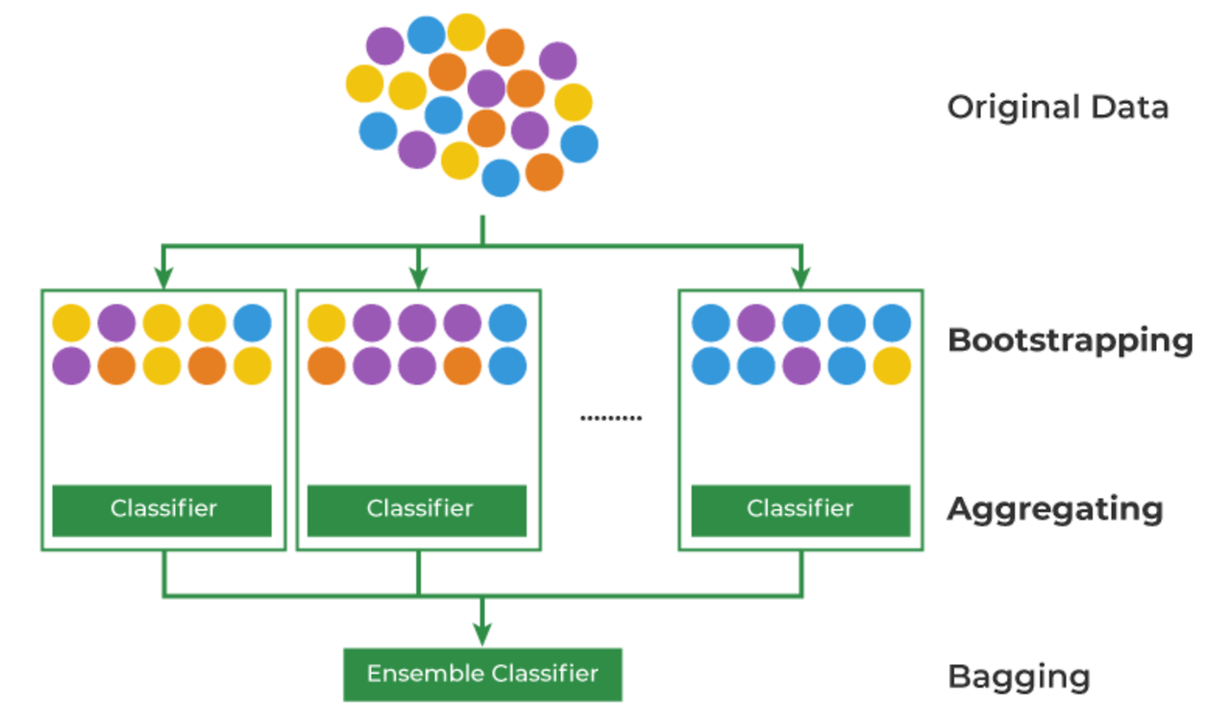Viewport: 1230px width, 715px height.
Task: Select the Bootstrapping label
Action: [1070, 341]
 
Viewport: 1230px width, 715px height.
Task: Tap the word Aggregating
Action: [1055, 509]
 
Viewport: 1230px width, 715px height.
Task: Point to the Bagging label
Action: [1020, 678]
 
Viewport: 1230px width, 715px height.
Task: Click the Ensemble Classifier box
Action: [482, 675]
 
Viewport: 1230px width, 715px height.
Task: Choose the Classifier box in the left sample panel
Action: [162, 510]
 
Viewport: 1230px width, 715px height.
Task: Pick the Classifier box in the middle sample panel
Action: [417, 510]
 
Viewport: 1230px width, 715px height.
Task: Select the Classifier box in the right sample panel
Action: [800, 510]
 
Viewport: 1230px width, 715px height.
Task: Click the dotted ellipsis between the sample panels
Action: [611, 418]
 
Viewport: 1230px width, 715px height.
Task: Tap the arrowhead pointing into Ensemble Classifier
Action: [482, 635]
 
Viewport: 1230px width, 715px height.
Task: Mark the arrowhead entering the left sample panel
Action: [163, 278]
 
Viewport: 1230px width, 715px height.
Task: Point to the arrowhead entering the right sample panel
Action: [801, 278]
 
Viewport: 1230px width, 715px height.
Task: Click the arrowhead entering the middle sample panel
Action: [418, 278]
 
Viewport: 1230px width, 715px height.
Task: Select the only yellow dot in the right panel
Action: [892, 366]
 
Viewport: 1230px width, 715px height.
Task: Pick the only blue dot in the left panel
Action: [253, 323]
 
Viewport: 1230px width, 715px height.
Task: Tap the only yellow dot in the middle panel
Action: [327, 323]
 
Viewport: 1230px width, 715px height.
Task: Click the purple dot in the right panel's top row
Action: [756, 323]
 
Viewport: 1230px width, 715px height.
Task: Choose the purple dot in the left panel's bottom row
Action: [71, 366]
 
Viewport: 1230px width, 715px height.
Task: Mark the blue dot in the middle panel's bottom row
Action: [507, 366]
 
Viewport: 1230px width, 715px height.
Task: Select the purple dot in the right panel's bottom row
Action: [801, 366]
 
